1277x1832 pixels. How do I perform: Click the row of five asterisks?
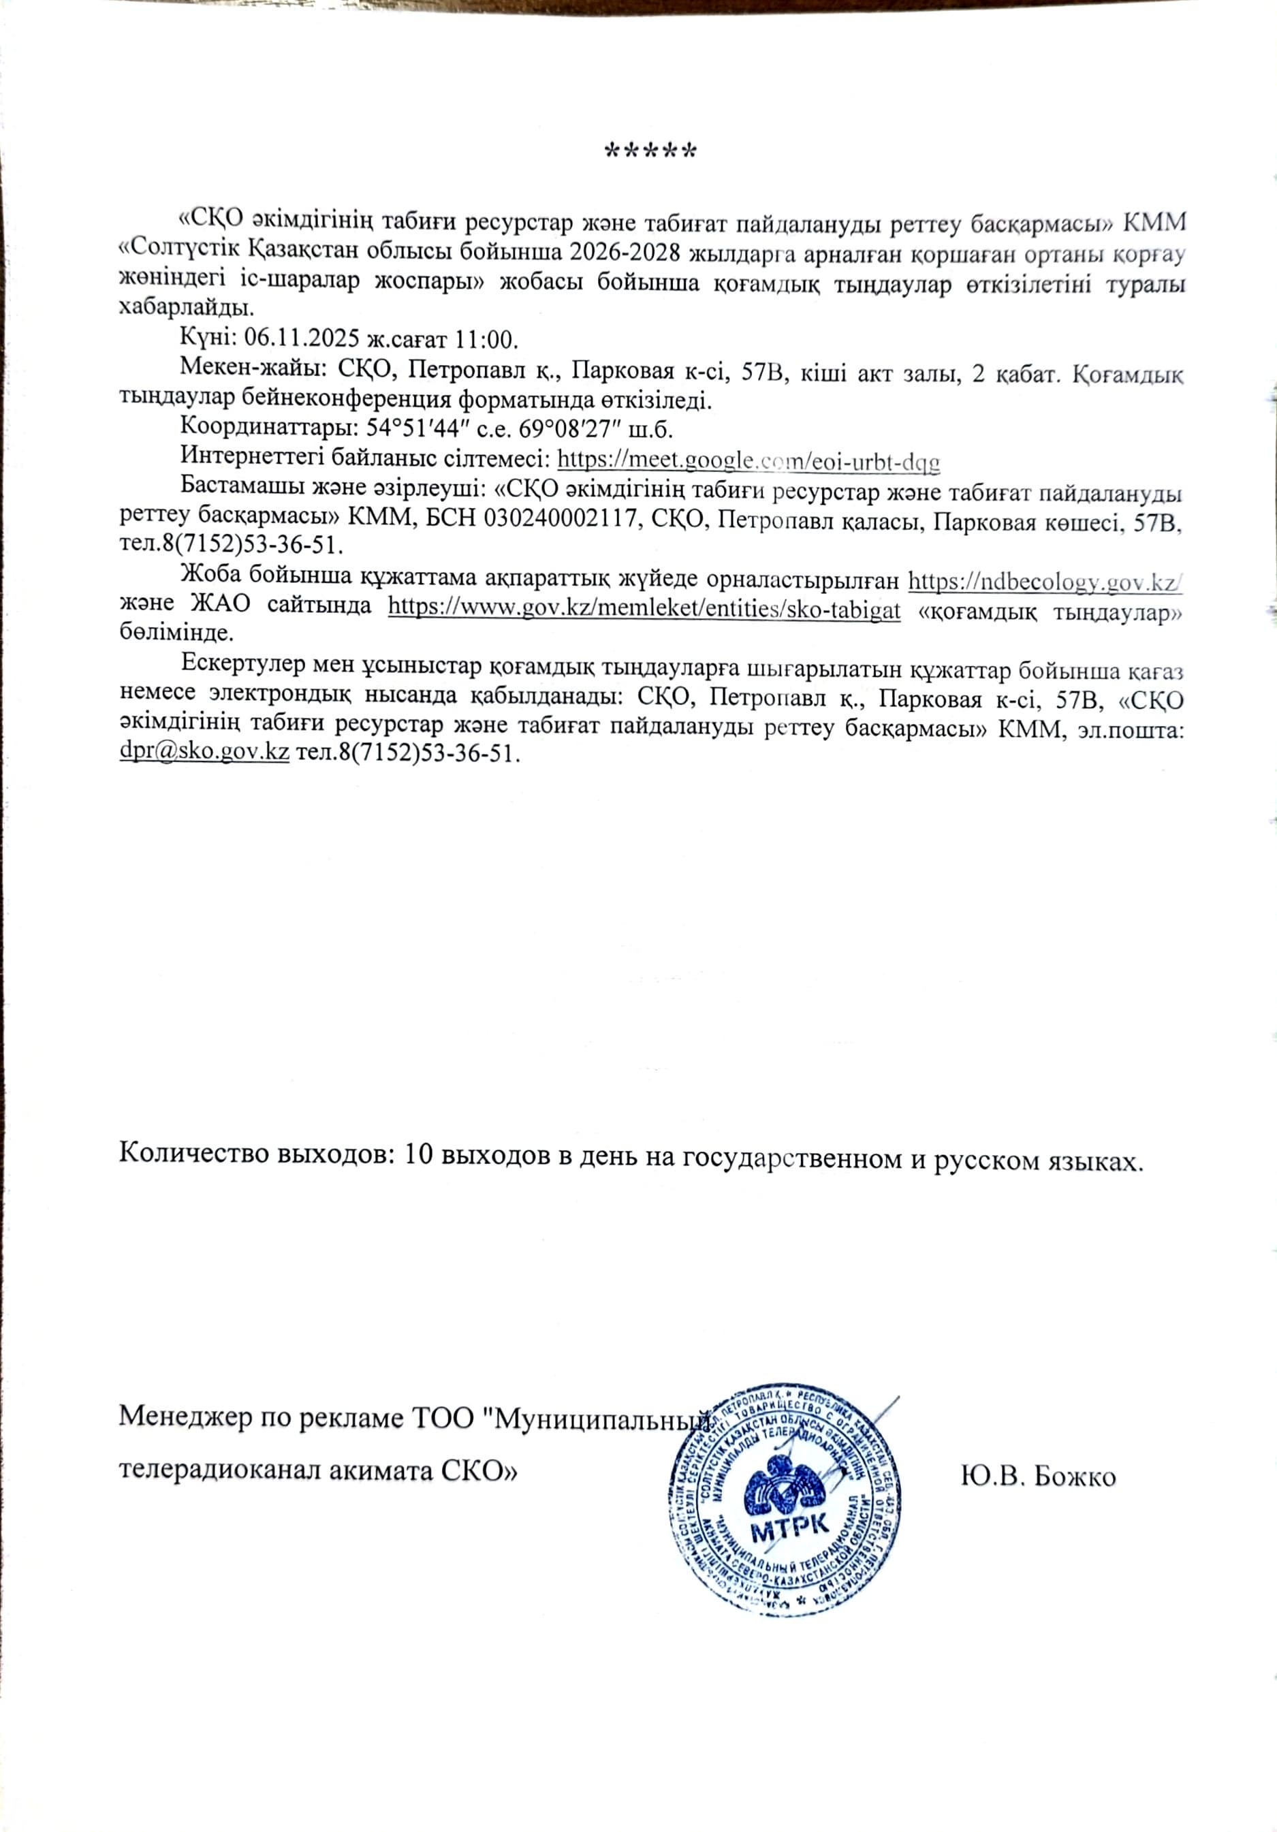pos(650,151)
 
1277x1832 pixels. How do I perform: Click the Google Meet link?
pos(748,460)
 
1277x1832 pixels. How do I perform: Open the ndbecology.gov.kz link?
pos(1045,581)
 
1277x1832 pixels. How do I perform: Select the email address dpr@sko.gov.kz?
pos(204,753)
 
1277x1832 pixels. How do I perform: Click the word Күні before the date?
pos(204,338)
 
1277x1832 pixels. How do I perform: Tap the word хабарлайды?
pos(185,308)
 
